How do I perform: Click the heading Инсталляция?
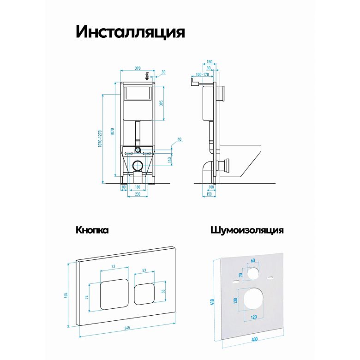click(x=130, y=32)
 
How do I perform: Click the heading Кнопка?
click(x=92, y=230)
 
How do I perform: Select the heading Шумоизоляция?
click(x=247, y=230)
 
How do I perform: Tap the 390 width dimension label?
click(x=138, y=68)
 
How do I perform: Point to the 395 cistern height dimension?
click(x=161, y=103)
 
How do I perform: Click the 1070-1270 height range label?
click(x=100, y=138)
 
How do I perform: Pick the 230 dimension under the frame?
click(x=138, y=194)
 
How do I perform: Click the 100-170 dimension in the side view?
click(x=202, y=74)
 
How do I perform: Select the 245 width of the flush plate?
click(x=127, y=328)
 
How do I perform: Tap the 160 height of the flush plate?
click(x=66, y=295)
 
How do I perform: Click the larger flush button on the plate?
click(x=114, y=294)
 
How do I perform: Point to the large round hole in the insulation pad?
click(x=253, y=299)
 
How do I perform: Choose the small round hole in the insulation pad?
click(x=253, y=273)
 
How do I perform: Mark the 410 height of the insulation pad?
click(x=212, y=302)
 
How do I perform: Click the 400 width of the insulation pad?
click(x=254, y=339)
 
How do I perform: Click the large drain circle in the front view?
click(x=138, y=165)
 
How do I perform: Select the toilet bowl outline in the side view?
click(x=240, y=161)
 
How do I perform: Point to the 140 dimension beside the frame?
click(x=169, y=160)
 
